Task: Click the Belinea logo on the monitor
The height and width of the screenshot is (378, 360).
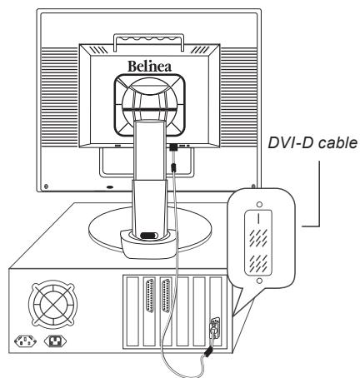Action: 149,67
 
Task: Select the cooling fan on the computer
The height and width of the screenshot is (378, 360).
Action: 53,304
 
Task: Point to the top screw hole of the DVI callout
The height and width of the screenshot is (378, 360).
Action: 259,205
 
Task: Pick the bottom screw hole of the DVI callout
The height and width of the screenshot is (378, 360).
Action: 259,281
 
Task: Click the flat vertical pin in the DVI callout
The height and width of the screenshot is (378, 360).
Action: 258,218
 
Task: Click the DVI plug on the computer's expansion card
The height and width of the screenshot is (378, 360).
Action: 214,327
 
